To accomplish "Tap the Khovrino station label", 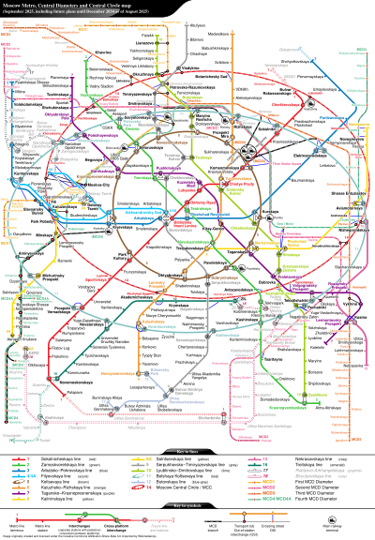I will [x=103, y=53].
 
